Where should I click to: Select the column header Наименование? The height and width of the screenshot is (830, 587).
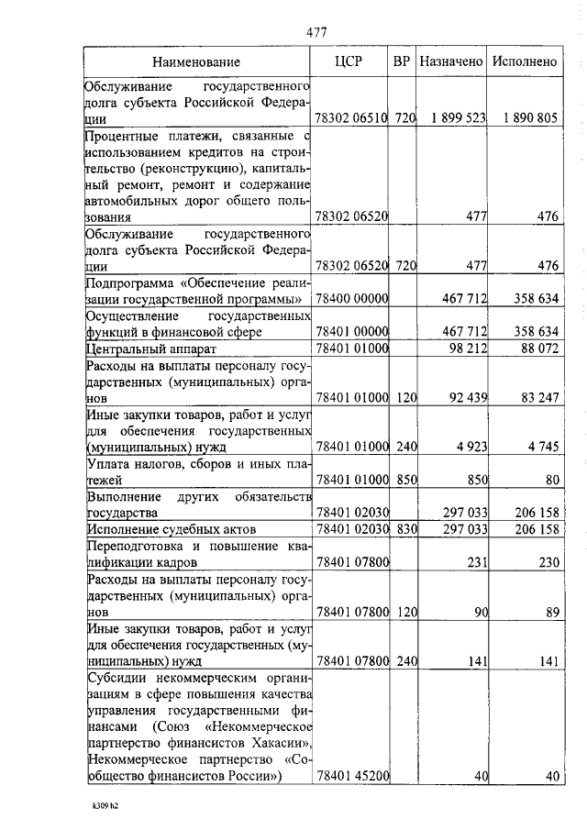coord(197,62)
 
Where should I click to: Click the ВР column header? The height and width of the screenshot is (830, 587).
coord(401,62)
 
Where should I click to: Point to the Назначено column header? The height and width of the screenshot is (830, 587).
coord(450,62)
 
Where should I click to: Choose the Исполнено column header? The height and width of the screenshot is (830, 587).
coord(525,62)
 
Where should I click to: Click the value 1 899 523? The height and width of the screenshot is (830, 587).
coord(451,118)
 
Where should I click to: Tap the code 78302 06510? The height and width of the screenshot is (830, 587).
coord(352,118)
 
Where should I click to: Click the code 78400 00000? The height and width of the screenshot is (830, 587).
coord(352,299)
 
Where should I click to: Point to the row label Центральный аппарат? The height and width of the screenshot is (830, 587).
coord(151,349)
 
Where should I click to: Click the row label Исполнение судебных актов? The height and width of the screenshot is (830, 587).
coord(170,530)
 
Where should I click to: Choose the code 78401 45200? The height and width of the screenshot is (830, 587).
coord(352,776)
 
